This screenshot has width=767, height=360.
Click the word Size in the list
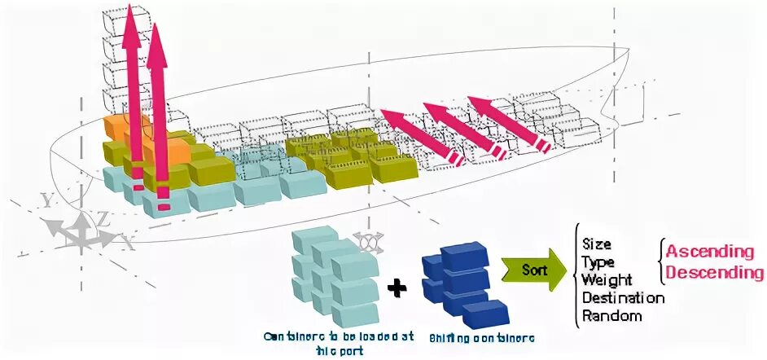[597, 244]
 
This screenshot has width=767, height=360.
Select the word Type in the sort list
[598, 261]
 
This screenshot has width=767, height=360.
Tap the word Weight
[607, 279]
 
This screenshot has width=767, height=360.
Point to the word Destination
[623, 297]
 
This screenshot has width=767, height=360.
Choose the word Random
[611, 315]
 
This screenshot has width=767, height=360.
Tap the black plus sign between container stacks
[396, 288]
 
